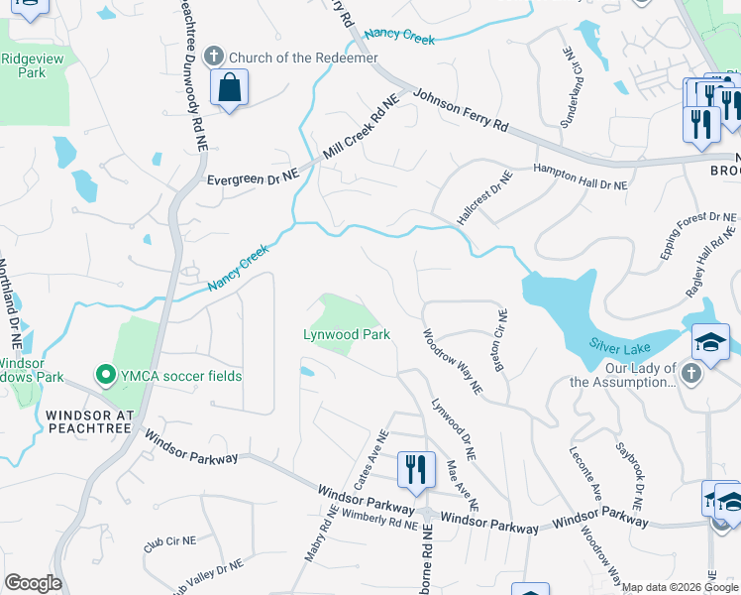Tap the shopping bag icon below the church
[229, 88]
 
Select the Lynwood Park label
[346, 335]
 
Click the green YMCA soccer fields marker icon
[103, 375]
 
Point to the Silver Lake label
[621, 343]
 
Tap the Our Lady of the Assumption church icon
[691, 374]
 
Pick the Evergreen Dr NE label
[253, 178]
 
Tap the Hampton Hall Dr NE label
[581, 178]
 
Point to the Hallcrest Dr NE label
[484, 197]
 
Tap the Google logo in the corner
[33, 583]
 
